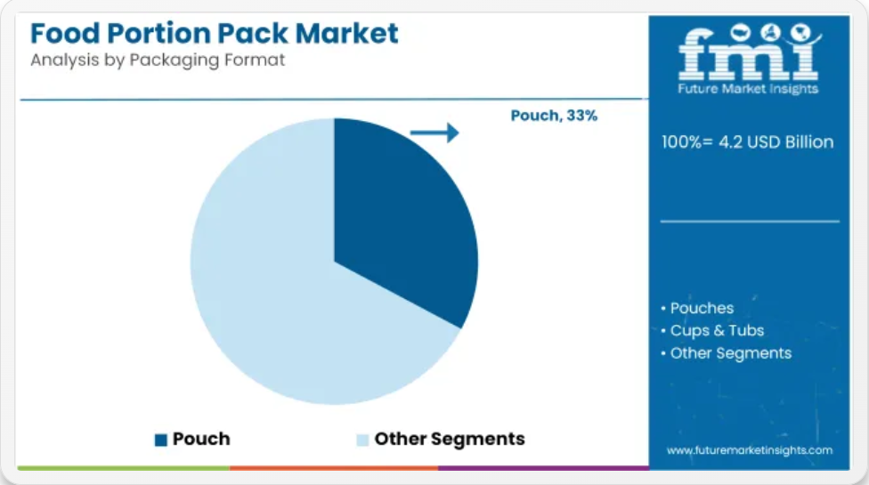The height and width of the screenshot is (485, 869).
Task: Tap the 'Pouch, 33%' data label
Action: pos(554,115)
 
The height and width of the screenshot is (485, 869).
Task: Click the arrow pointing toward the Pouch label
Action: pos(434,133)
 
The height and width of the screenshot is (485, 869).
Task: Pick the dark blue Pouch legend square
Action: pos(161,440)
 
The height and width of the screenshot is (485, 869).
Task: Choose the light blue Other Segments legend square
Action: pos(362,440)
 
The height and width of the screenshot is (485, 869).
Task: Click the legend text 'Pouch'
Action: pos(201,439)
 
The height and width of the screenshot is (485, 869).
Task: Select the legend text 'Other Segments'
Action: pos(450,439)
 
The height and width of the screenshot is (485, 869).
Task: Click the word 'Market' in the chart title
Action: pos(346,33)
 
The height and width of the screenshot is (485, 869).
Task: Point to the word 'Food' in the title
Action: pos(65,33)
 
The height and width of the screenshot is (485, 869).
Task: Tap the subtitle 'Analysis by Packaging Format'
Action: pos(158,60)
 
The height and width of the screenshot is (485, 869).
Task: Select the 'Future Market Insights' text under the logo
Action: pos(748,89)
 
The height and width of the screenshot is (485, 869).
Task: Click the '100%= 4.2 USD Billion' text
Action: pos(748,141)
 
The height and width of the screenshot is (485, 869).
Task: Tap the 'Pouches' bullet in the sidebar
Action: pos(702,308)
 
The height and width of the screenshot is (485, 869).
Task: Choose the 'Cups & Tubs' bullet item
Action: pos(717,330)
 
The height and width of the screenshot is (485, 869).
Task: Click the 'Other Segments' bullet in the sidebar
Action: pos(731,353)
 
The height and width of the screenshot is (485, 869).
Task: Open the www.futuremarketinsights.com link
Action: pos(750,450)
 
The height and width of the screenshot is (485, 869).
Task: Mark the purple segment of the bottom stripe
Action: pos(543,468)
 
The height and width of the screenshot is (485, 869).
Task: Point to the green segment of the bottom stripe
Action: pos(124,468)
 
